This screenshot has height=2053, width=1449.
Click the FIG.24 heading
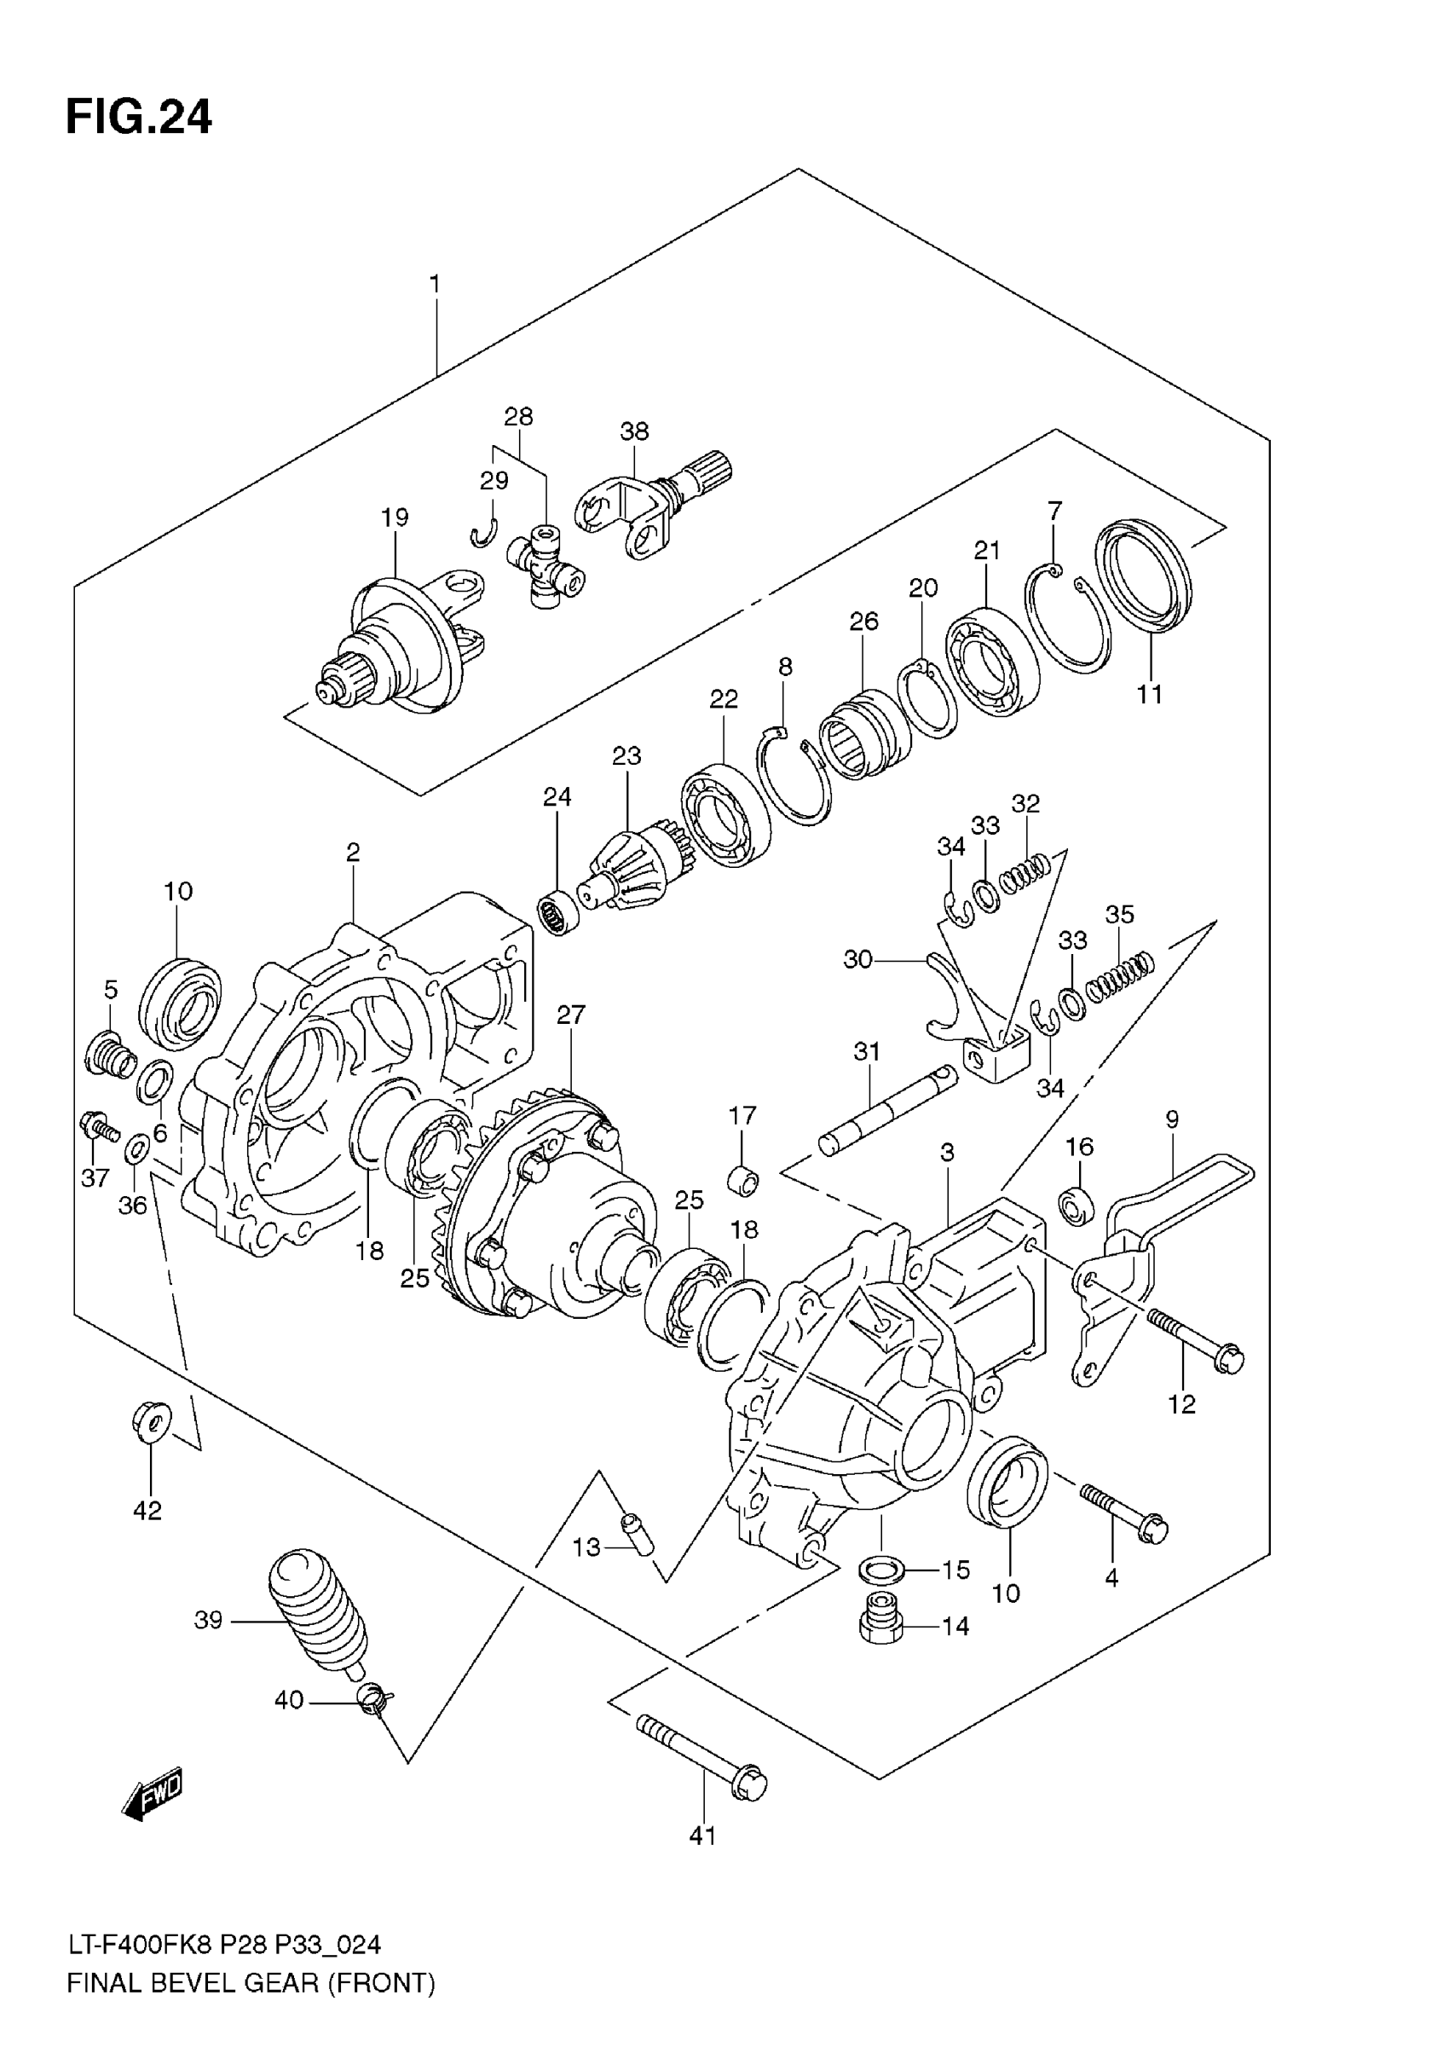139,117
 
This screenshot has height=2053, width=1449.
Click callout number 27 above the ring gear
570,1015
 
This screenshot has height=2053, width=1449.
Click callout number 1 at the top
435,285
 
